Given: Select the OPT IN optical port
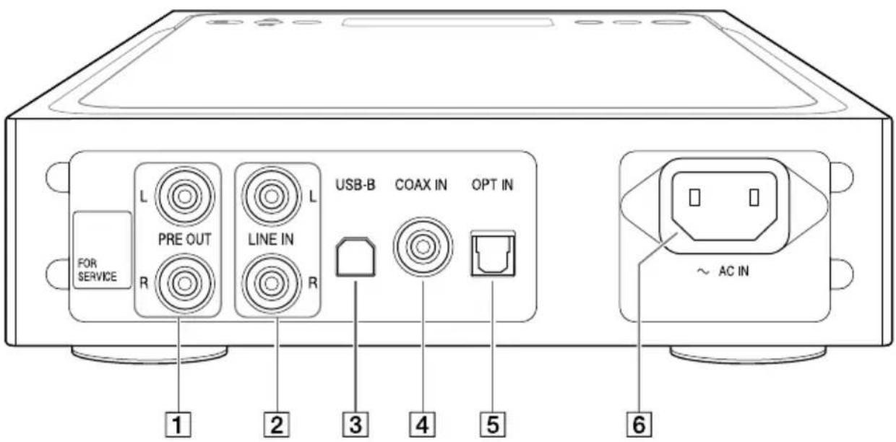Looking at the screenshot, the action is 491,254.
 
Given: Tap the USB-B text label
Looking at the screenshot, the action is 354,185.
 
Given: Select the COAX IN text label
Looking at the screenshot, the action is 421,185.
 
